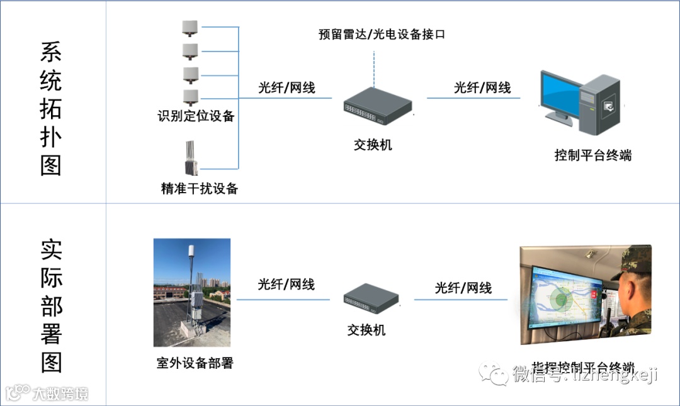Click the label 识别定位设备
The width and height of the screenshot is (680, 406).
coord(196,116)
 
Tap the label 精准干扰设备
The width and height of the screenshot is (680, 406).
coord(200,188)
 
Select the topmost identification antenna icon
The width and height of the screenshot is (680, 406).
coord(190,27)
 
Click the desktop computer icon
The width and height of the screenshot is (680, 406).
coord(580,104)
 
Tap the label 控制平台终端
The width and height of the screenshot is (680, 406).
coord(592,155)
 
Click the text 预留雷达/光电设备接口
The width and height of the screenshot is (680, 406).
coord(382,35)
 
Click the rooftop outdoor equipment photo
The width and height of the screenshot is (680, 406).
coord(191,292)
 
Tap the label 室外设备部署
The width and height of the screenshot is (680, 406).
coord(195,363)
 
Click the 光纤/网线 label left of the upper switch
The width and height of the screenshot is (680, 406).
coord(286,88)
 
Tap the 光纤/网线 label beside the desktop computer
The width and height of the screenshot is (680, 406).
coord(482,88)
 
